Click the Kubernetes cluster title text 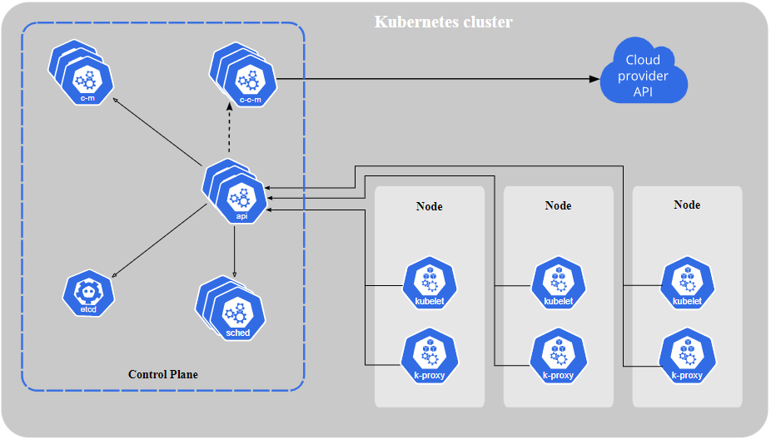(x=443, y=22)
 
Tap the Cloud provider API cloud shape (x=644, y=75)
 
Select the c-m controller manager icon (x=86, y=79)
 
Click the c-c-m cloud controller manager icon (x=249, y=81)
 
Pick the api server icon (x=241, y=198)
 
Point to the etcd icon (x=88, y=292)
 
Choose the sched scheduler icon (x=236, y=313)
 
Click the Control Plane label (x=163, y=374)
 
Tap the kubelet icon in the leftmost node (x=430, y=284)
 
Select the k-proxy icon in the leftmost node (x=430, y=356)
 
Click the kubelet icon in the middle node (x=559, y=284)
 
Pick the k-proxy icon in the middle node (x=559, y=356)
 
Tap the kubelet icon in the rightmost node (x=687, y=284)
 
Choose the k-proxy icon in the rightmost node (x=687, y=356)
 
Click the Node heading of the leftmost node (x=430, y=206)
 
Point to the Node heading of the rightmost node (x=687, y=205)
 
